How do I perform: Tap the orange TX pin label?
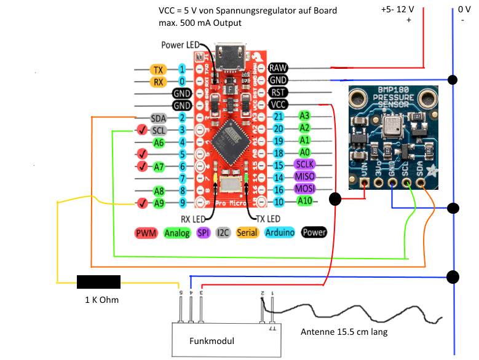click(159, 69)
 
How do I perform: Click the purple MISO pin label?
click(304, 177)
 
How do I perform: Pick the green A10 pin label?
click(304, 202)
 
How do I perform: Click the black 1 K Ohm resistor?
click(98, 282)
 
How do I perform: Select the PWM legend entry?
click(146, 233)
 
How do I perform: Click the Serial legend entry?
click(247, 233)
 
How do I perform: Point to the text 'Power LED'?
click(181, 45)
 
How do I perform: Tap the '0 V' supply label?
click(464, 10)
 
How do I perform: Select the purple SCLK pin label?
click(304, 165)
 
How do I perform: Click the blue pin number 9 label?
click(183, 202)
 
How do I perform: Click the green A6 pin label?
click(159, 142)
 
